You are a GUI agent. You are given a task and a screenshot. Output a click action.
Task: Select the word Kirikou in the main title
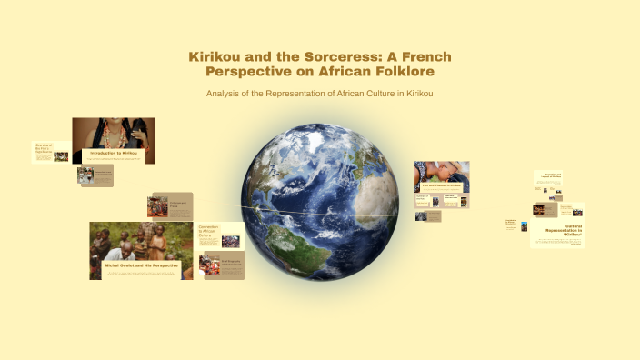217,56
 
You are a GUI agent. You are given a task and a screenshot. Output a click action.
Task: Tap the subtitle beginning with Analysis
319,94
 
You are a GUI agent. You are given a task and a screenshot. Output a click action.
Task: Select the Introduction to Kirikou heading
115,154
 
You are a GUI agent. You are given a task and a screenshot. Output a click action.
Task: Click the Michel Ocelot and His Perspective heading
135,265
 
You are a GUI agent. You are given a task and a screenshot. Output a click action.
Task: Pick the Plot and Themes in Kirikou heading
442,185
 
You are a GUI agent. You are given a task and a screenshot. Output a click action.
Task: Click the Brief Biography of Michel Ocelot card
218,265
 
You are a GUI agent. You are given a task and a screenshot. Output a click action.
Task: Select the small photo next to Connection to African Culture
231,242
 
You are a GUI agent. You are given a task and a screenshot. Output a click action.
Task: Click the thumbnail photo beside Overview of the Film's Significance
61,156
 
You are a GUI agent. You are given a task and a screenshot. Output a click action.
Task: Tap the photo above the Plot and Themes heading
441,171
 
